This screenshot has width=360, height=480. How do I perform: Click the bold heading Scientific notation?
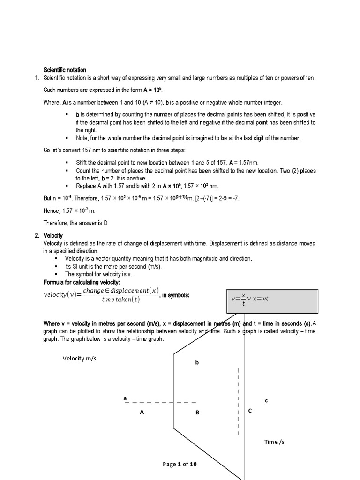(x=65, y=70)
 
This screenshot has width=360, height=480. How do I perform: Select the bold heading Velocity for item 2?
(x=53, y=235)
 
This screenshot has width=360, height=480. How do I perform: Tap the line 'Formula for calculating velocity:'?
(x=82, y=282)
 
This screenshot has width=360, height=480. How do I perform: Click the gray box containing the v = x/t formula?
(x=272, y=301)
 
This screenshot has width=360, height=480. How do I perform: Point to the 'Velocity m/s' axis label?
(x=80, y=359)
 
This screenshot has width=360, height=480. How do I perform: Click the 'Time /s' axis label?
(x=274, y=442)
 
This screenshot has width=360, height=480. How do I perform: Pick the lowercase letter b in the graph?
(x=197, y=362)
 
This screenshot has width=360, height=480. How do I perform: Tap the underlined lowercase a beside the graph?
(x=125, y=398)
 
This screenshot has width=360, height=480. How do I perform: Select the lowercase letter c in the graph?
(x=266, y=400)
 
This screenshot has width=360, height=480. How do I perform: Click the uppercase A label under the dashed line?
(x=142, y=412)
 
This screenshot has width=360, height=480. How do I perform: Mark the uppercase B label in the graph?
(x=197, y=412)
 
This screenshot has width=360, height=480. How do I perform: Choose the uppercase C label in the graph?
(x=250, y=411)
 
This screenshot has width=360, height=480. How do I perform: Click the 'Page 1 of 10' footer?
(x=180, y=464)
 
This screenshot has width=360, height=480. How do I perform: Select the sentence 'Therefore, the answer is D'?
(x=75, y=223)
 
